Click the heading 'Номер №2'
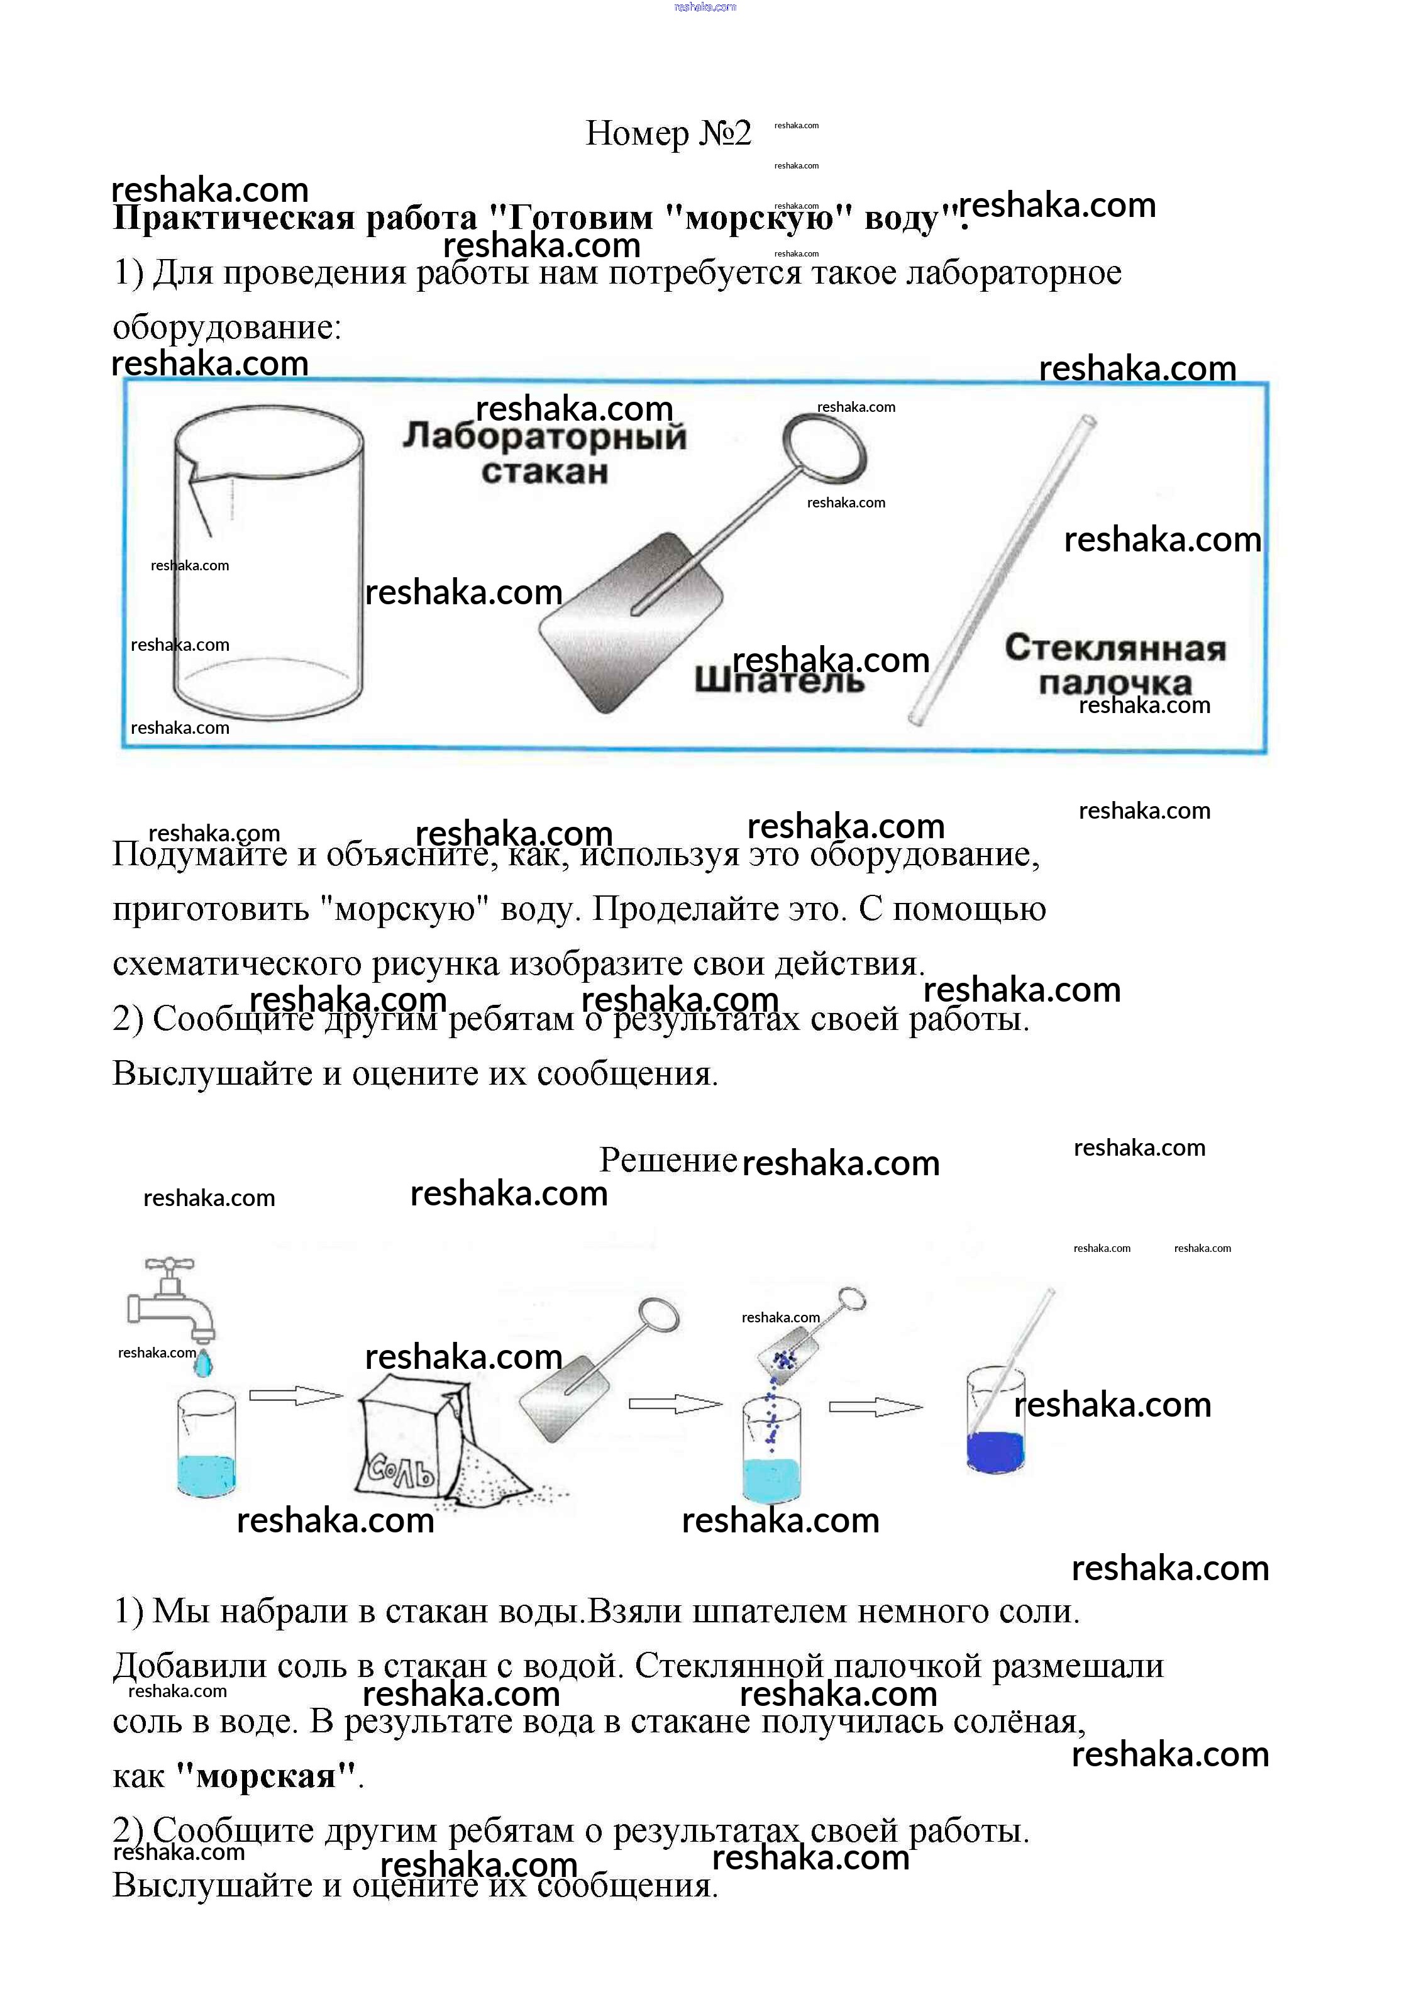pyautogui.click(x=668, y=133)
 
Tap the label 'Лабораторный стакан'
pyautogui.click(x=544, y=454)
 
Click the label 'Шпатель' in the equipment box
pyautogui.click(x=779, y=680)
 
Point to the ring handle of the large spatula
pyautogui.click(x=824, y=448)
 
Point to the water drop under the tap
pyautogui.click(x=203, y=1363)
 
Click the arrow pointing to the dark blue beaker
pyautogui.click(x=875, y=1407)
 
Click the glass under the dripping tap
pyautogui.click(x=206, y=1444)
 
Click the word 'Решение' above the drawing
pyautogui.click(x=668, y=1160)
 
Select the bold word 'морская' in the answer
pyautogui.click(x=267, y=1775)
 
